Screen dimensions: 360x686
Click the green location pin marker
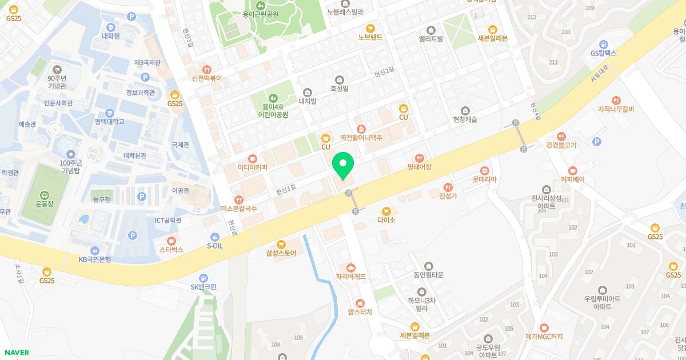coord(343,166)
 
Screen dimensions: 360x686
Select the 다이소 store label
coord(386,219)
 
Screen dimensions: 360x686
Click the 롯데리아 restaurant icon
coord(485,170)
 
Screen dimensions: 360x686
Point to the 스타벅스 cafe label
coord(171,250)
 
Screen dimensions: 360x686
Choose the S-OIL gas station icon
coord(214,237)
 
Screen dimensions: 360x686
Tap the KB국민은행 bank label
coord(94,259)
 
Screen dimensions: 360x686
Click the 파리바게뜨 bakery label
coord(351,276)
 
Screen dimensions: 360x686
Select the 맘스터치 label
coord(360,312)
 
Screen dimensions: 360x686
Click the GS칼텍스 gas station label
coord(603,53)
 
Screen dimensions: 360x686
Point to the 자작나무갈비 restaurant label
coord(616,109)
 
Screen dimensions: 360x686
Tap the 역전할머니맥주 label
coord(361,138)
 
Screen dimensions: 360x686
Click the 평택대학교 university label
coord(110,122)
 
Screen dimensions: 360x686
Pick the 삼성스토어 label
coord(281,253)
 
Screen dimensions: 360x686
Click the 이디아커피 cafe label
coord(252,167)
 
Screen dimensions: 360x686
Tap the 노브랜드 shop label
coord(370,37)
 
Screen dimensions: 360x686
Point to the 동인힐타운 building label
coord(429,275)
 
